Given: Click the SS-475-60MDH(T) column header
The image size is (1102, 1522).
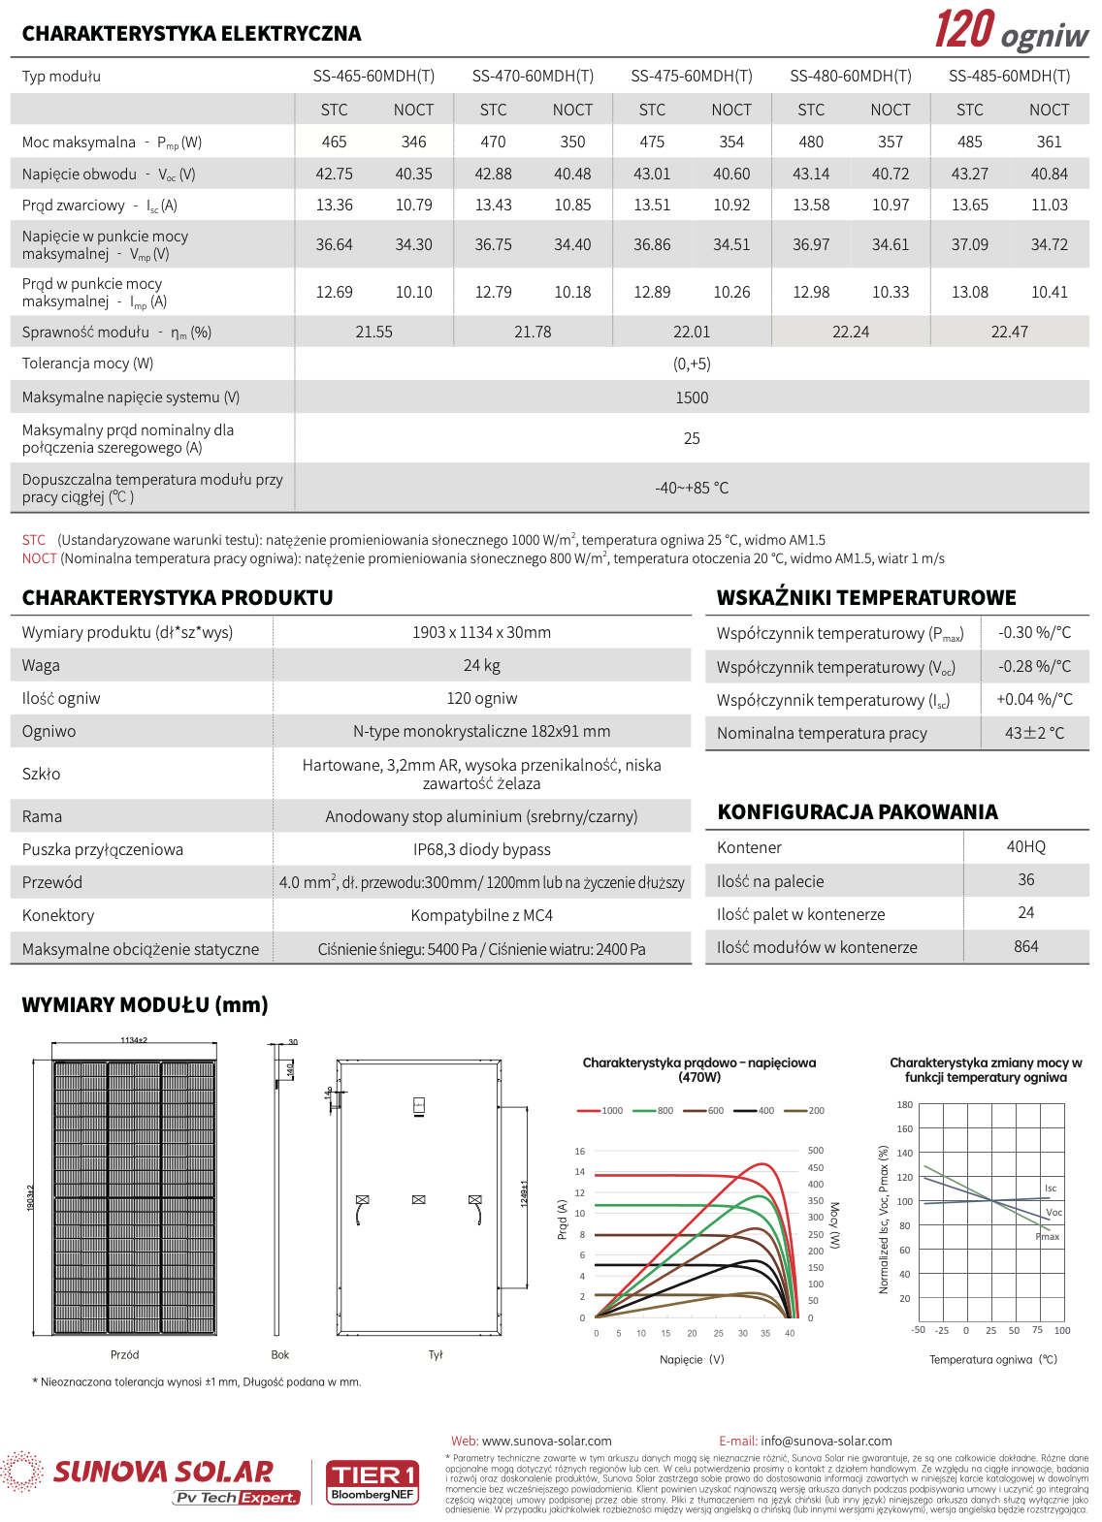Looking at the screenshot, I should pyautogui.click(x=691, y=76).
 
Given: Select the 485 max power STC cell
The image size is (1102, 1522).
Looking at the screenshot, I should pyautogui.click(x=969, y=142).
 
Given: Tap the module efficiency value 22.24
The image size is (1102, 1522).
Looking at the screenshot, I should pyautogui.click(x=850, y=332).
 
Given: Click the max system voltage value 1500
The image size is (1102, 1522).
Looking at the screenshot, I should pyautogui.click(x=691, y=397).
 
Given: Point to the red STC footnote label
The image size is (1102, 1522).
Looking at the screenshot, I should pyautogui.click(x=34, y=540).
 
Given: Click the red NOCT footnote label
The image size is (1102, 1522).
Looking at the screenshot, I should pyautogui.click(x=39, y=558).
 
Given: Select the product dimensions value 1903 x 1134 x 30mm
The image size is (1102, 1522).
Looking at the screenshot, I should pyautogui.click(x=481, y=632).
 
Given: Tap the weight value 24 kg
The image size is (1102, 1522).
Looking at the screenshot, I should pyautogui.click(x=481, y=665).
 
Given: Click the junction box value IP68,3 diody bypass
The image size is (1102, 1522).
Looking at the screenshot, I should pyautogui.click(x=481, y=849).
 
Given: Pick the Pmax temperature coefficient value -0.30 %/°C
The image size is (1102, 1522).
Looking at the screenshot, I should pyautogui.click(x=1034, y=632).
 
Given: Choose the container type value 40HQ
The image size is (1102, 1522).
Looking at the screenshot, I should pyautogui.click(x=1025, y=846).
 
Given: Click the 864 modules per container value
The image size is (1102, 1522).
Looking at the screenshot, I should pyautogui.click(x=1025, y=946).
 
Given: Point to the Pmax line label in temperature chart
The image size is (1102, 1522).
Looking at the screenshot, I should pyautogui.click(x=1048, y=1237).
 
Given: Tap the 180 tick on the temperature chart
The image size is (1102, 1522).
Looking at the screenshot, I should pyautogui.click(x=904, y=1105).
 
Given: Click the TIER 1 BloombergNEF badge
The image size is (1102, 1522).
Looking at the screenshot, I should pyautogui.click(x=373, y=1482).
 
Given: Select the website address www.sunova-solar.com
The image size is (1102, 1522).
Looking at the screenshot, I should pyautogui.click(x=546, y=1441).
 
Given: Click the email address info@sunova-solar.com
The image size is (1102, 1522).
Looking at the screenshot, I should pyautogui.click(x=826, y=1441).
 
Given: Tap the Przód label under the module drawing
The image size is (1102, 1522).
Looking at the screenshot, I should pyautogui.click(x=124, y=1355).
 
